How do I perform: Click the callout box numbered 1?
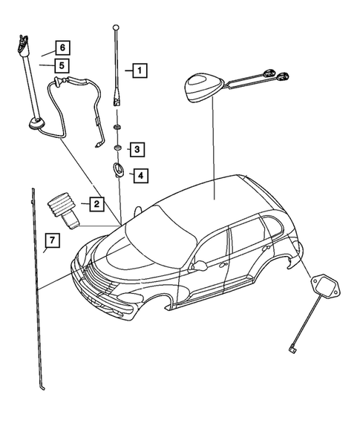coord(139,71)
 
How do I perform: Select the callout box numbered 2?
coord(96,203)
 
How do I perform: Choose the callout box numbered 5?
coord(62,65)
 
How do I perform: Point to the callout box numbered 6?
coord(62,47)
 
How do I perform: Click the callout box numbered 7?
coord(51,240)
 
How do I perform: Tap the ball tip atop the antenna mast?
coord(115,28)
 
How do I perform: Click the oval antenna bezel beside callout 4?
coord(117,170)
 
